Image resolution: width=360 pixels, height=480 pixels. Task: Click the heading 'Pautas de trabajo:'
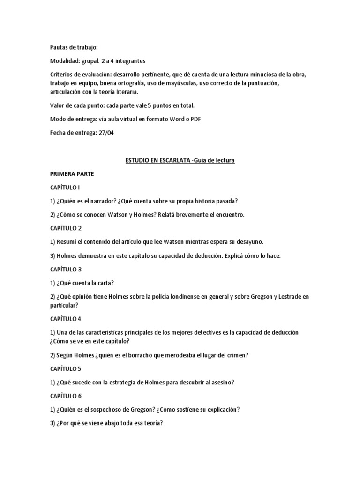pyautogui.click(x=75, y=47)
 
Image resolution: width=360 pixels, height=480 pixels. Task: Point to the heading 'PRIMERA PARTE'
pyautogui.click(x=72, y=174)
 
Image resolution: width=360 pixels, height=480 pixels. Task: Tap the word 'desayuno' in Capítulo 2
pyautogui.click(x=248, y=242)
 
